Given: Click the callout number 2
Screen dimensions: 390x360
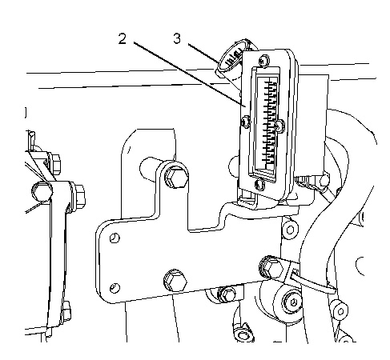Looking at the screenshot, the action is pyautogui.click(x=123, y=39).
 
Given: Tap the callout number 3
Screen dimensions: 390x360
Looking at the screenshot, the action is pyautogui.click(x=177, y=38).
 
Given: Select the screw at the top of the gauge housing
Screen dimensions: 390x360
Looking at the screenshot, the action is pyautogui.click(x=264, y=60).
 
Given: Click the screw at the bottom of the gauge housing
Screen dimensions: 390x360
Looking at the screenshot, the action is pyautogui.click(x=259, y=184).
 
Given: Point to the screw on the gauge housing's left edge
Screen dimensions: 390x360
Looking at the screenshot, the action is pyautogui.click(x=245, y=122).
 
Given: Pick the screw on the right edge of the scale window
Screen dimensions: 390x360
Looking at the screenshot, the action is pyautogui.click(x=279, y=125).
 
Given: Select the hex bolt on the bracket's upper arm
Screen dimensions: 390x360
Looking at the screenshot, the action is pyautogui.click(x=175, y=177).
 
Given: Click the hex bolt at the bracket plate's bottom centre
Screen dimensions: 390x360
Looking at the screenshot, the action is pyautogui.click(x=175, y=281).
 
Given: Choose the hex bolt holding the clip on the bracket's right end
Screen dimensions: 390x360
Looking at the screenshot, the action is pyautogui.click(x=271, y=267).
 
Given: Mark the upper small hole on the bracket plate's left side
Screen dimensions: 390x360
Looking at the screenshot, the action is pyautogui.click(x=115, y=238).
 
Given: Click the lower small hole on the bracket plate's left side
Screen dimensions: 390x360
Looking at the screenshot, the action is pyautogui.click(x=115, y=288).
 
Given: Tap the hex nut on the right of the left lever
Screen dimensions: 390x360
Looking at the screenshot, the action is pyautogui.click(x=79, y=195).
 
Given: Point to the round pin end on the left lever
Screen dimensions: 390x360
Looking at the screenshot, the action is pyautogui.click(x=42, y=191).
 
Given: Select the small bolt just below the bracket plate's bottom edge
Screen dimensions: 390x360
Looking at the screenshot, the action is pyautogui.click(x=227, y=294).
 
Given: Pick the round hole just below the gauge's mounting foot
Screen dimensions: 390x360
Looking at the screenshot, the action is pyautogui.click(x=290, y=230).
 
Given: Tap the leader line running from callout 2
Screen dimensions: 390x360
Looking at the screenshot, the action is pyautogui.click(x=189, y=74).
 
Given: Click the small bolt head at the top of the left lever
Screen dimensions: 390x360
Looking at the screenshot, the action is pyautogui.click(x=56, y=163).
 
